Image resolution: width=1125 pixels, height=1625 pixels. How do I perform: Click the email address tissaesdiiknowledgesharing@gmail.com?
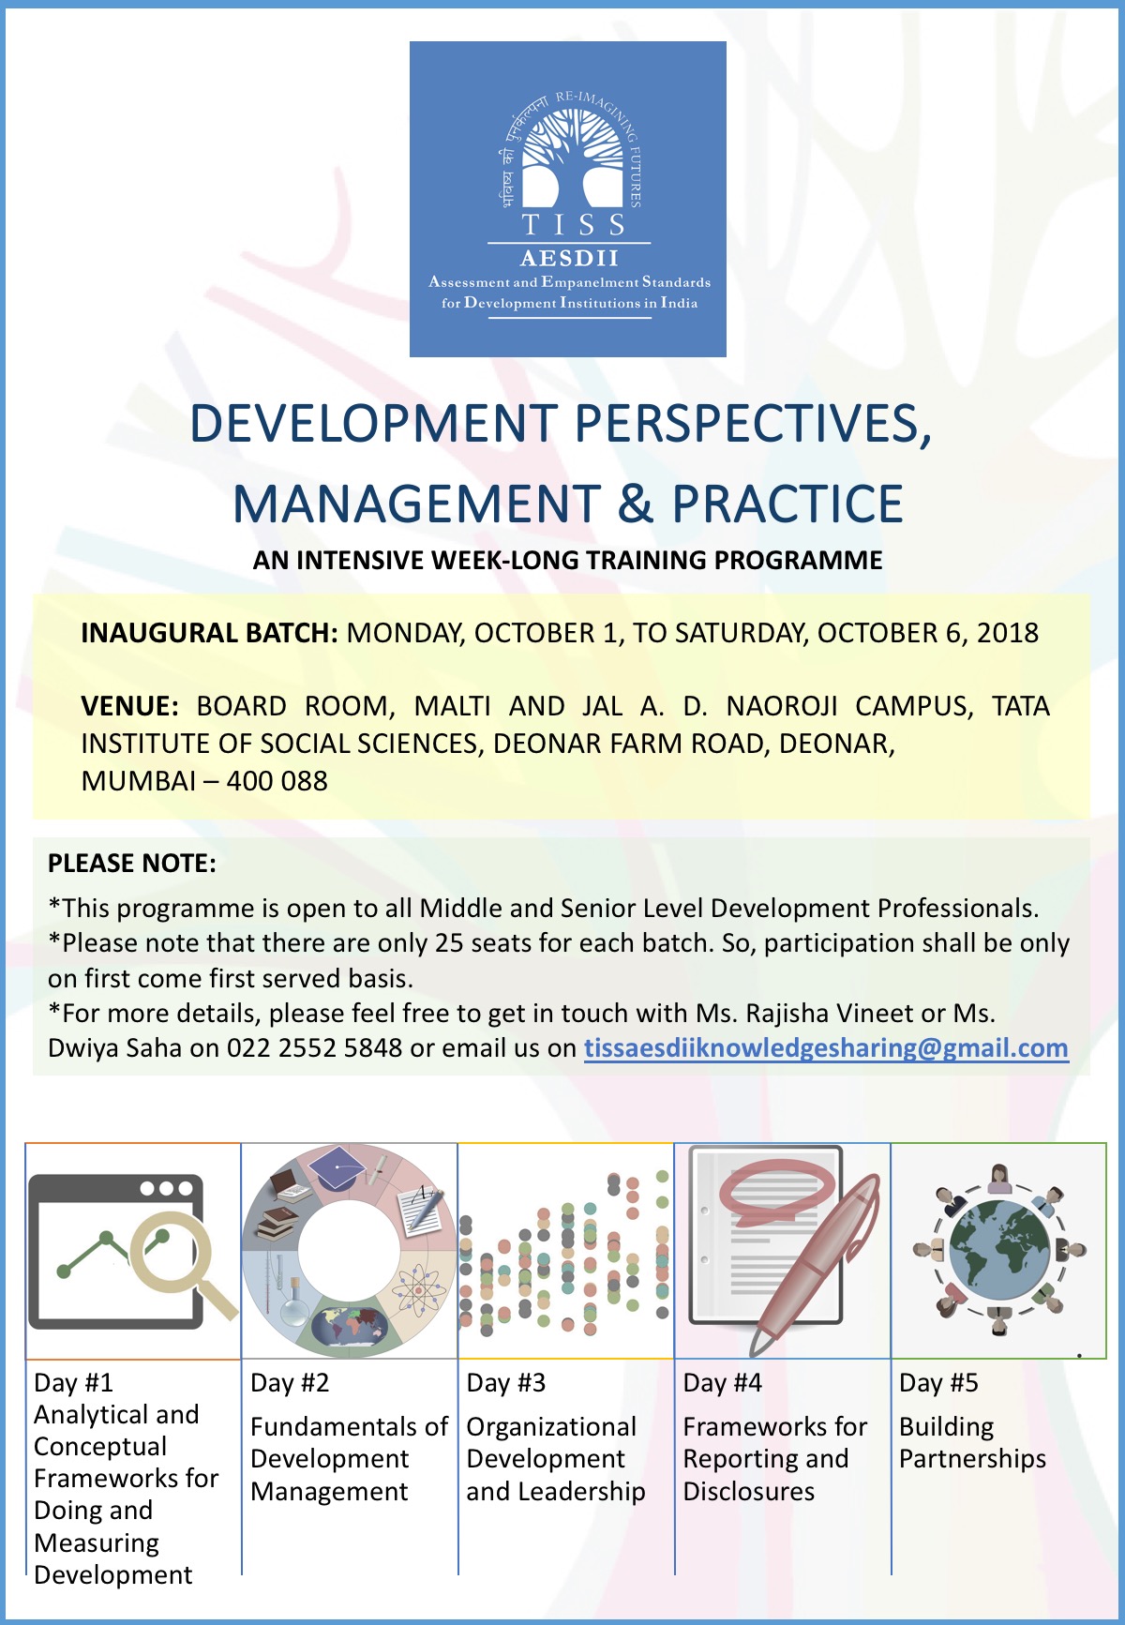pyautogui.click(x=826, y=1048)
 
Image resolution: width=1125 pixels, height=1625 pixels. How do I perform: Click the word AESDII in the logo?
pyautogui.click(x=570, y=258)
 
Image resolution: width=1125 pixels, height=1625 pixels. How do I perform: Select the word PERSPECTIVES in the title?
pyautogui.click(x=746, y=423)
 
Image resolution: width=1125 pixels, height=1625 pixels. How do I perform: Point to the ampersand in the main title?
pyautogui.click(x=636, y=504)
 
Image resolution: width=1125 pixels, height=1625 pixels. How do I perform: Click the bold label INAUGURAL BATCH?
pyautogui.click(x=209, y=633)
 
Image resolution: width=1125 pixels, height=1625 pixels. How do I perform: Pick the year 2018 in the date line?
pyautogui.click(x=1008, y=633)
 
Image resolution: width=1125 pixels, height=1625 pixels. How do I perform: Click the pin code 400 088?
pyautogui.click(x=277, y=781)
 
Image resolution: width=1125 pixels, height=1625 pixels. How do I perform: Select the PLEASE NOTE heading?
pyautogui.click(x=132, y=864)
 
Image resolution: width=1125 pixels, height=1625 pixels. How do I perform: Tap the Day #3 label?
pyautogui.click(x=506, y=1383)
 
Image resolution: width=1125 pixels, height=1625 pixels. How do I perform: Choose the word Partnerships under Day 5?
pyautogui.click(x=973, y=1459)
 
